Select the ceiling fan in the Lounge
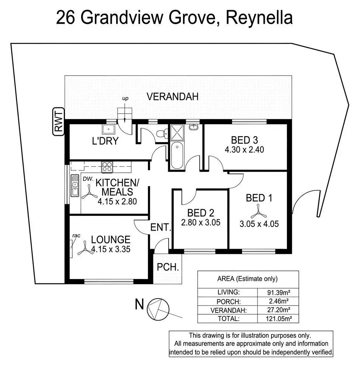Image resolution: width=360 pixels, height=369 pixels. tap(84, 250)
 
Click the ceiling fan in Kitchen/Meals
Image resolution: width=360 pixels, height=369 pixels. tap(89, 192)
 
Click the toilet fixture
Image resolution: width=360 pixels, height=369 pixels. tap(161, 135)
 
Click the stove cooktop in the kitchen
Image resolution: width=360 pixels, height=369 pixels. tap(107, 167)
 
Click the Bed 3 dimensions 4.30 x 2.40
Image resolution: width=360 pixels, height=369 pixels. tap(244, 150)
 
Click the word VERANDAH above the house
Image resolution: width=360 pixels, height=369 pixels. tap(173, 97)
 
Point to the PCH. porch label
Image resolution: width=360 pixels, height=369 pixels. tap(168, 267)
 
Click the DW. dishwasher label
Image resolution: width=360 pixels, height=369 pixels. tap(87, 178)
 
